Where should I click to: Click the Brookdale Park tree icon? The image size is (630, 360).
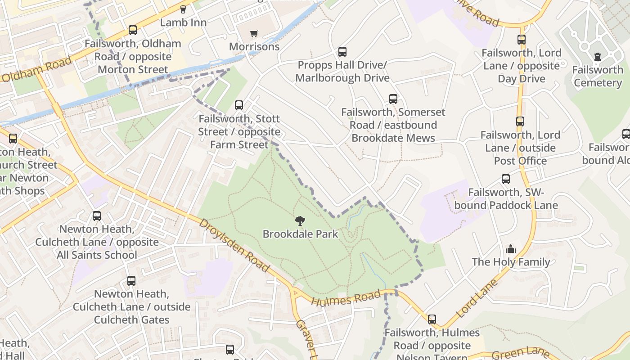[300, 220]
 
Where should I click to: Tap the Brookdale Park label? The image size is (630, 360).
[300, 234]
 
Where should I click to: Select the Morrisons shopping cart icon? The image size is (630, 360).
[254, 33]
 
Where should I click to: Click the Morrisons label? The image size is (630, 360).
[254, 47]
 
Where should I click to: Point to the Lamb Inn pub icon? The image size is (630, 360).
[183, 9]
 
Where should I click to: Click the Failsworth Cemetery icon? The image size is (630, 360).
[598, 57]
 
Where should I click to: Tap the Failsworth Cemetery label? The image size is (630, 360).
[598, 76]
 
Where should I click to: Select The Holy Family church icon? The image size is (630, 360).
[511, 249]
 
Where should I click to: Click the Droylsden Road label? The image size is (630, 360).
[234, 245]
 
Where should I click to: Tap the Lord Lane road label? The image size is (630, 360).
[477, 298]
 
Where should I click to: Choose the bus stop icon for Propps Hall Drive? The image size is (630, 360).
[342, 52]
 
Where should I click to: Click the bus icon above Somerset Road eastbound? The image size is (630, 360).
[393, 99]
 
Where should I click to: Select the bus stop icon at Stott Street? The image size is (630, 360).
[239, 105]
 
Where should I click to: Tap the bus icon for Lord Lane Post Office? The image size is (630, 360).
[520, 121]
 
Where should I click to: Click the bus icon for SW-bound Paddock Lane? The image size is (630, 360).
[506, 179]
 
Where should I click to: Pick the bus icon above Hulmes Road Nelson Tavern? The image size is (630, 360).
[432, 319]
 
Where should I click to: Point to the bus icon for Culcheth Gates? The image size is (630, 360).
[131, 281]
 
